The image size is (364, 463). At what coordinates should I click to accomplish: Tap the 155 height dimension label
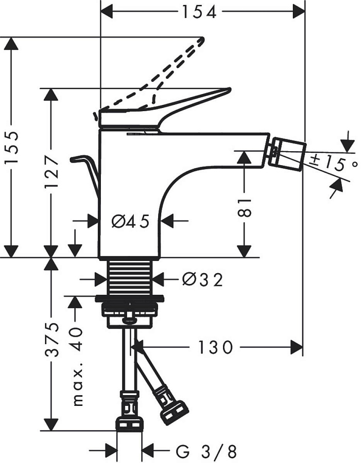pos(11,148)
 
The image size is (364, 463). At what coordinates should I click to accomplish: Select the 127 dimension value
pos(51,172)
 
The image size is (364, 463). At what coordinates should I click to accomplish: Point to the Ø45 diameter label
pos(130,222)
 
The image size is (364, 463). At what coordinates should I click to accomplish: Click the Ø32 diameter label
pos(202,280)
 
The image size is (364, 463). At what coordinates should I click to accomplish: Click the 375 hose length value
pos(51,340)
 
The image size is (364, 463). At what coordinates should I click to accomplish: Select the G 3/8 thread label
pos(206,452)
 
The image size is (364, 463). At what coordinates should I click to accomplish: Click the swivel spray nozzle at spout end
pos(288,152)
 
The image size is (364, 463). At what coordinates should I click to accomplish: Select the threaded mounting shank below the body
pos(130,276)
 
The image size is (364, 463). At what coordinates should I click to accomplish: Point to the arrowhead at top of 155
pos(11,43)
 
